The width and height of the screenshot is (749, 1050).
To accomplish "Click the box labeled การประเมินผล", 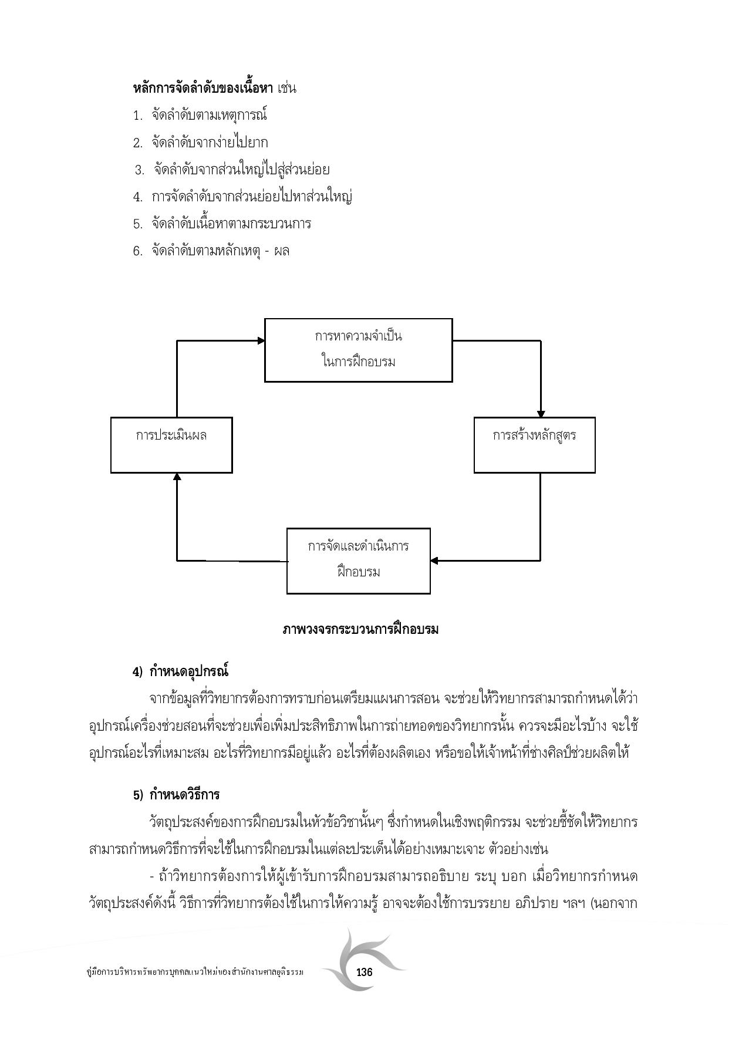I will coord(171,444).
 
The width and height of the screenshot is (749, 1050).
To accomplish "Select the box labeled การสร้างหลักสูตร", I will coord(534,444).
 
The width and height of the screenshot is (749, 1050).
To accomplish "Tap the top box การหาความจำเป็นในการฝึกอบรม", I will coord(358,350).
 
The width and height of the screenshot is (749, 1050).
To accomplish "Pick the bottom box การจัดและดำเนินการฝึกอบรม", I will coord(358,561).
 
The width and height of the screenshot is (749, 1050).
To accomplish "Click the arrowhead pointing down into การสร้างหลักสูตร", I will coord(541,414).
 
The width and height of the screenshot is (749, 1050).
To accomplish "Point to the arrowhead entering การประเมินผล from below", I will coord(177,477).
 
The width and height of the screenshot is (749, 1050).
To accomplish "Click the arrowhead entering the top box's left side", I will coord(261,340).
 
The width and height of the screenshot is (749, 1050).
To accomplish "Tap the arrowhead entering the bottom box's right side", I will coord(434,561).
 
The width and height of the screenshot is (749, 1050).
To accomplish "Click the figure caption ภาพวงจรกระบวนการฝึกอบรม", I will coord(360,630).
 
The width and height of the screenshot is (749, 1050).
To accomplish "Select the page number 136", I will coord(364,972).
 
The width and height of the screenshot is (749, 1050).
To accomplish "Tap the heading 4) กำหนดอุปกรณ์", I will coord(180,671).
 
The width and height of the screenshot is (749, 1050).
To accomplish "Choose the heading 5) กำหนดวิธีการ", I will coord(176,795).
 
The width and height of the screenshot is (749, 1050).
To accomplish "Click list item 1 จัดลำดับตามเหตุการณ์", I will coord(209,115).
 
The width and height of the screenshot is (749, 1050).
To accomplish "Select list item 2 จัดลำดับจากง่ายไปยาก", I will coord(210,143).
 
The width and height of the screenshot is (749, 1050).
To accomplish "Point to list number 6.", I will coord(137,251).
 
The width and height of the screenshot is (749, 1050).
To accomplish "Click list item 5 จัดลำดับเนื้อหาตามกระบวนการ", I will coord(231,224).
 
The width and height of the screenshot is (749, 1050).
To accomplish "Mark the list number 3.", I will coord(139,170).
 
